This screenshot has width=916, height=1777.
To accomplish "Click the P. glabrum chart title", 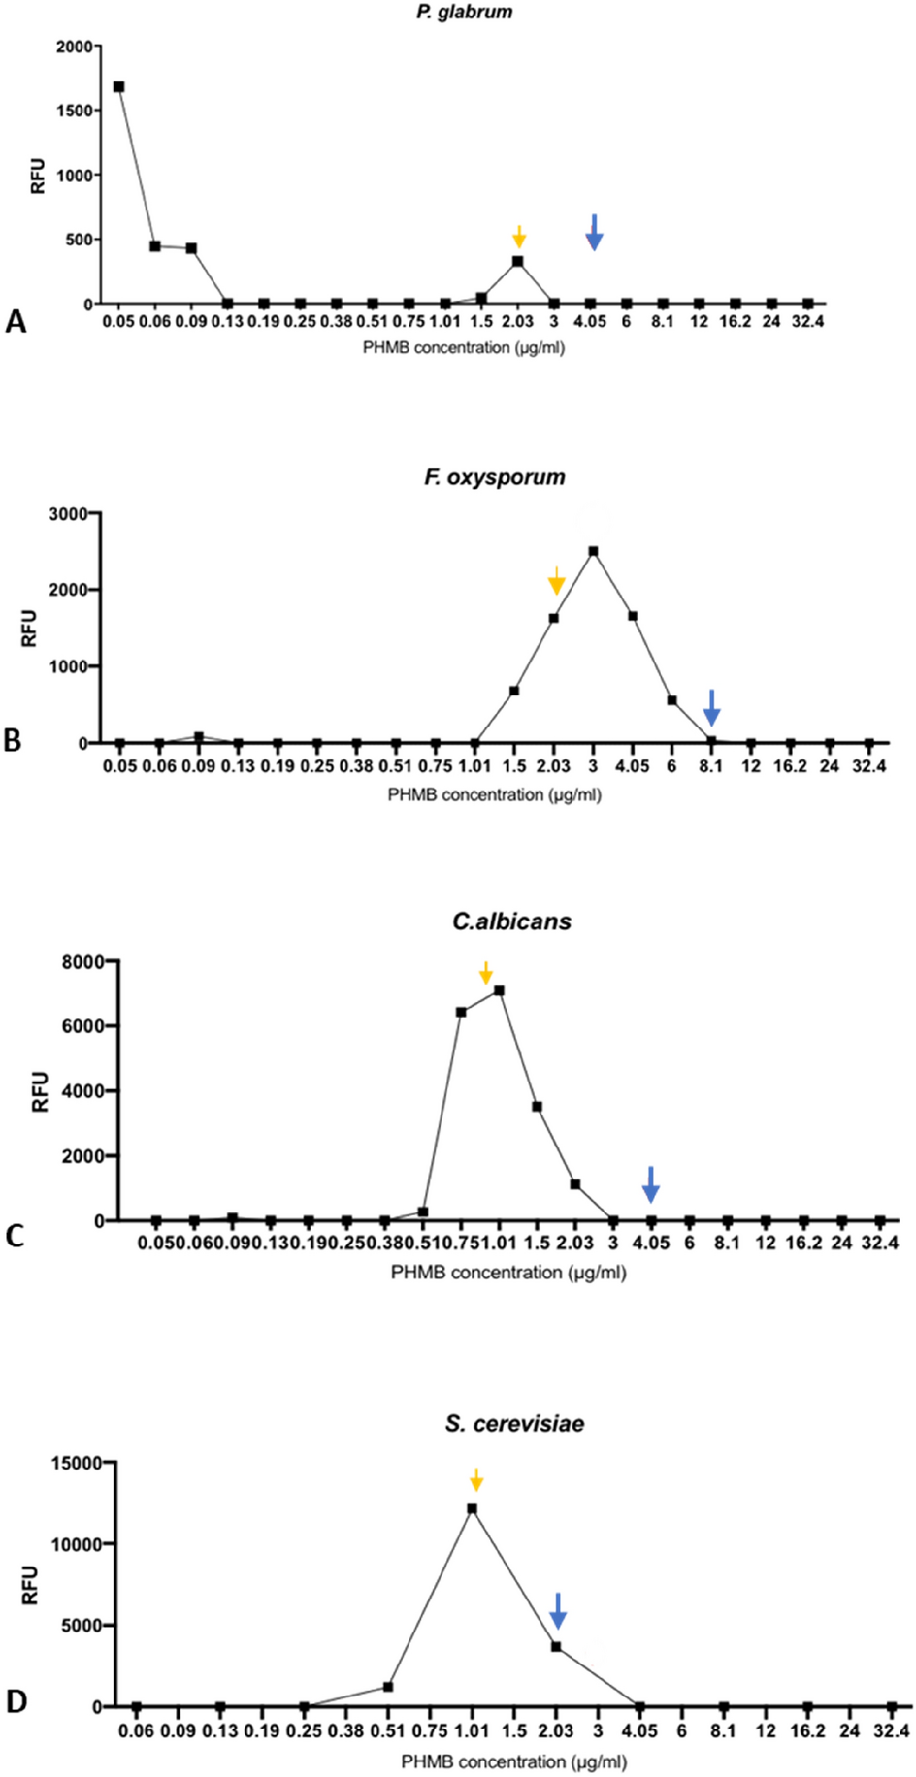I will (x=464, y=13).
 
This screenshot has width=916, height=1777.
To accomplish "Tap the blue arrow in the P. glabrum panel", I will (x=594, y=233).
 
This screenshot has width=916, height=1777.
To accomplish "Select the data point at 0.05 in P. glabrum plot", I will (x=118, y=86).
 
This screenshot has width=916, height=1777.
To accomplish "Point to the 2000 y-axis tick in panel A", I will (x=75, y=47).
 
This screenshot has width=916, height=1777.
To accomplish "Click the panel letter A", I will (x=16, y=322).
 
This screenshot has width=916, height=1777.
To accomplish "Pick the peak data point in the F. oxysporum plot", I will (x=593, y=551).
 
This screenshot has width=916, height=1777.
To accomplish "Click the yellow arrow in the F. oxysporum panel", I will (x=556, y=580).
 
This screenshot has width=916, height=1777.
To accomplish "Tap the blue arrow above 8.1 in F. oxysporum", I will (x=711, y=707).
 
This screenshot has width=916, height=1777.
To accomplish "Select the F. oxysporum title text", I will (x=494, y=477).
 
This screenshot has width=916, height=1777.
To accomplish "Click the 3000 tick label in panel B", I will (x=69, y=512).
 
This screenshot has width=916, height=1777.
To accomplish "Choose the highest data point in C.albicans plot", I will (x=499, y=990).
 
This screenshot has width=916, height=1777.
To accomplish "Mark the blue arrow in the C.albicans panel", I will (x=651, y=1184).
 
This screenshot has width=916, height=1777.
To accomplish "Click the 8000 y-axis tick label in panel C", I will (x=84, y=961).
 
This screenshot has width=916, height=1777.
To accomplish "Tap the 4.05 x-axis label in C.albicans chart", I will (x=651, y=1244).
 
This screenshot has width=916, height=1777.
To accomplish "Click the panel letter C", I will (x=15, y=1236).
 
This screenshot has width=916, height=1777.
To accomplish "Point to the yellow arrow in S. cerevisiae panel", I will (x=475, y=1479).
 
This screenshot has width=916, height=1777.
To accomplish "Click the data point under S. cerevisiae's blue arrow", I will (x=556, y=1646).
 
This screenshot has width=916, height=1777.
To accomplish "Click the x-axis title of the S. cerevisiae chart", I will (x=513, y=1761).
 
